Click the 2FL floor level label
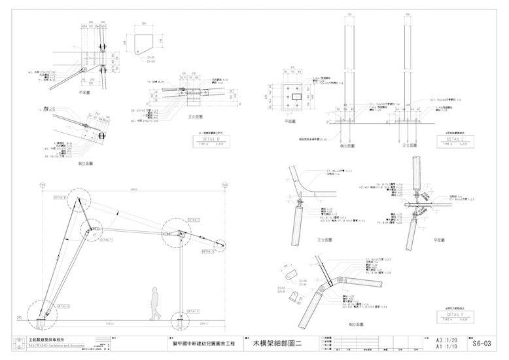pos(20,318)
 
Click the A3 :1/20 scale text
pos(438,339)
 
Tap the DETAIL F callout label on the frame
pos(105,240)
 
